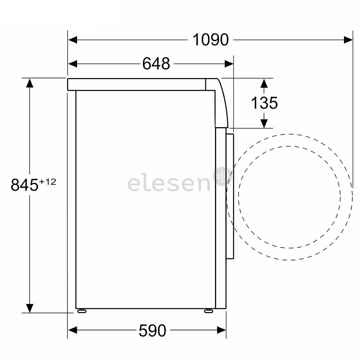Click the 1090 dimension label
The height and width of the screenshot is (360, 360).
(x=210, y=40)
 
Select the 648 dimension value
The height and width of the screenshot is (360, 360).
(x=156, y=64)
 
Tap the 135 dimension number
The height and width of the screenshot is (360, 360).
(x=264, y=103)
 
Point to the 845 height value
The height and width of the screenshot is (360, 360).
(x=25, y=185)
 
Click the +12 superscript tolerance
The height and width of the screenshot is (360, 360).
(x=47, y=182)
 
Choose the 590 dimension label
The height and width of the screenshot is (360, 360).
(x=152, y=331)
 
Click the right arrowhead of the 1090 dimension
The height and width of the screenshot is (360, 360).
(x=348, y=40)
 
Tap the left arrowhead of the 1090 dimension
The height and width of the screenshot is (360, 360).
(x=73, y=40)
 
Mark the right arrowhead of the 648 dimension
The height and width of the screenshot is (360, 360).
(x=229, y=64)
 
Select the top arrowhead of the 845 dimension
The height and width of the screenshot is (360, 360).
(x=30, y=83)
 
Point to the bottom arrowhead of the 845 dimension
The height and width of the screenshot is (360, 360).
(x=30, y=308)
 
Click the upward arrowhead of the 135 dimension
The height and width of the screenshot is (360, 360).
(x=264, y=83)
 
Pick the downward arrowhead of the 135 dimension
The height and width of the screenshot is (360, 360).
(x=264, y=123)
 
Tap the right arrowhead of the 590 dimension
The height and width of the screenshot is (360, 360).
(x=221, y=331)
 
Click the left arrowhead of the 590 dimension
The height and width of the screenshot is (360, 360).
(x=73, y=331)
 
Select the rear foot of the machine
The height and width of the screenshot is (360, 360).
(x=81, y=311)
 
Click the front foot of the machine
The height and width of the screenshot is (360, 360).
(x=209, y=311)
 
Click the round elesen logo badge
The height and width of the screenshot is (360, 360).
(x=222, y=176)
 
